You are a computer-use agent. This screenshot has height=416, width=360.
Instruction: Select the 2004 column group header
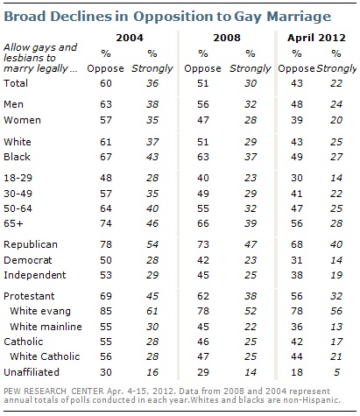click(x=130, y=38)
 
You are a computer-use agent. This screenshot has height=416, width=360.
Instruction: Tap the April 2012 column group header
click(x=316, y=38)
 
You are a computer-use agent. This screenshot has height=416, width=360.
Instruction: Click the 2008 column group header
click(x=227, y=38)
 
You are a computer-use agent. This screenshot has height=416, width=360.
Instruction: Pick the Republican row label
click(x=31, y=244)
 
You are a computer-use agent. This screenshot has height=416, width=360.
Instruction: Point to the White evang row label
click(x=40, y=311)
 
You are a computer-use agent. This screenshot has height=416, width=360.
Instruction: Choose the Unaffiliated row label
click(x=32, y=372)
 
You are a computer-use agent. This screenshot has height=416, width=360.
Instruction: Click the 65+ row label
click(x=13, y=223)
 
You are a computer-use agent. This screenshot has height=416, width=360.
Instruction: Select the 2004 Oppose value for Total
click(x=106, y=83)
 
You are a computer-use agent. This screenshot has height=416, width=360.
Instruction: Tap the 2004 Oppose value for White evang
click(x=106, y=311)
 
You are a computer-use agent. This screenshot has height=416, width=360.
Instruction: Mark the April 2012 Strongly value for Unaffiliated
click(x=337, y=372)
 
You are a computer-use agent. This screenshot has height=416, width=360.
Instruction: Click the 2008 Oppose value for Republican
click(x=203, y=244)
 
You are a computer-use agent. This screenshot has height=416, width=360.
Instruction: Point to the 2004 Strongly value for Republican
click(x=152, y=244)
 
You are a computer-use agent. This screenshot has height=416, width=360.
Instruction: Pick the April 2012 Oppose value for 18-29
click(x=297, y=178)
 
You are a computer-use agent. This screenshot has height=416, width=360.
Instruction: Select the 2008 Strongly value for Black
click(x=251, y=157)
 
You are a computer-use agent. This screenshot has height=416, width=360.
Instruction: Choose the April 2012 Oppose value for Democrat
click(x=297, y=260)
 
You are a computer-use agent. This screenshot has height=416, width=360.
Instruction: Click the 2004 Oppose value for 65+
click(x=106, y=223)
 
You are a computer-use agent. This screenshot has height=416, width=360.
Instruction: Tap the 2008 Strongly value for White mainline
click(x=251, y=327)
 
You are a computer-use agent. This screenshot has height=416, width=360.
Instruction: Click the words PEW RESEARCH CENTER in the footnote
click(x=53, y=391)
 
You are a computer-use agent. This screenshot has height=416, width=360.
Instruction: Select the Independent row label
click(x=35, y=275)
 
